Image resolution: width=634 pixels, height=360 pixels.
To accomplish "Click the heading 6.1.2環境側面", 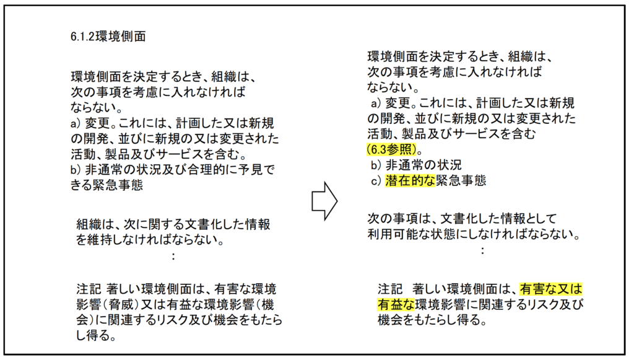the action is coord(108,37).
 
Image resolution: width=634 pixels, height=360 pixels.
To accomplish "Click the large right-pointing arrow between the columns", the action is coord(324,201).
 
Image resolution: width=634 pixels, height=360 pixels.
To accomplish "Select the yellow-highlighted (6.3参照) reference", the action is coord(392,150).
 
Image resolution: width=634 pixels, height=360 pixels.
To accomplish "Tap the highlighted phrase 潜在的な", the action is coord(410,180).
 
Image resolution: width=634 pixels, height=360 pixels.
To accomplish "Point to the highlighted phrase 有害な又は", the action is coord(550,289).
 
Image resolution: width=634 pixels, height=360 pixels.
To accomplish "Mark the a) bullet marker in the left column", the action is coord(76,123).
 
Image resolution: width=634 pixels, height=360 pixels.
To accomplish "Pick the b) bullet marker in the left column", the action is coord(76,170).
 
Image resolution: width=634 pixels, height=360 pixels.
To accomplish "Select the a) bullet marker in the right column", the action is coord(376,103).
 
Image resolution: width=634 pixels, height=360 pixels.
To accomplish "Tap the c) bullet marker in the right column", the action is coord(376,180).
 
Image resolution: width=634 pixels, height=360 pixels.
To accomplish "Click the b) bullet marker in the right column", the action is coord(376,165).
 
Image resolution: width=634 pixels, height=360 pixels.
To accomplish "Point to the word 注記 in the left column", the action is coord(89,289).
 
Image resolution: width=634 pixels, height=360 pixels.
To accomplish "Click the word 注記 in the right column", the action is coord(390,289).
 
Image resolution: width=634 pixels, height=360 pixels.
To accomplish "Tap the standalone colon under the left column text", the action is coord(173,256).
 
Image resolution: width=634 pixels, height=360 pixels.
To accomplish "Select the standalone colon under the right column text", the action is coord(482,250).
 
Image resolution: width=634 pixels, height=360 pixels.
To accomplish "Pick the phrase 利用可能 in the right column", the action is coord(392,234).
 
